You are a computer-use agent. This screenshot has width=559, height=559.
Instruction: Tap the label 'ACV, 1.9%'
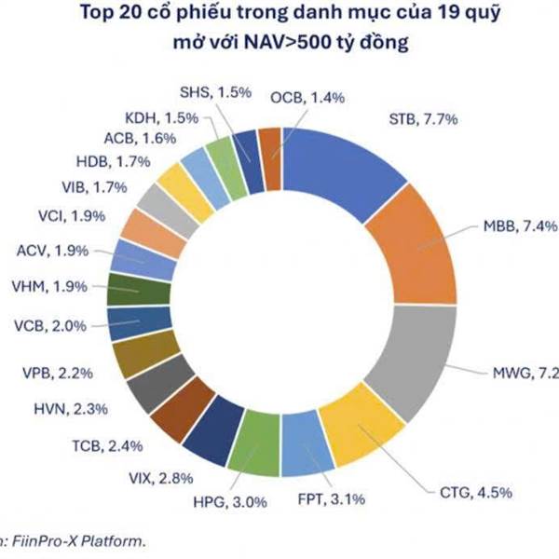pyautogui.click(x=57, y=251)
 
